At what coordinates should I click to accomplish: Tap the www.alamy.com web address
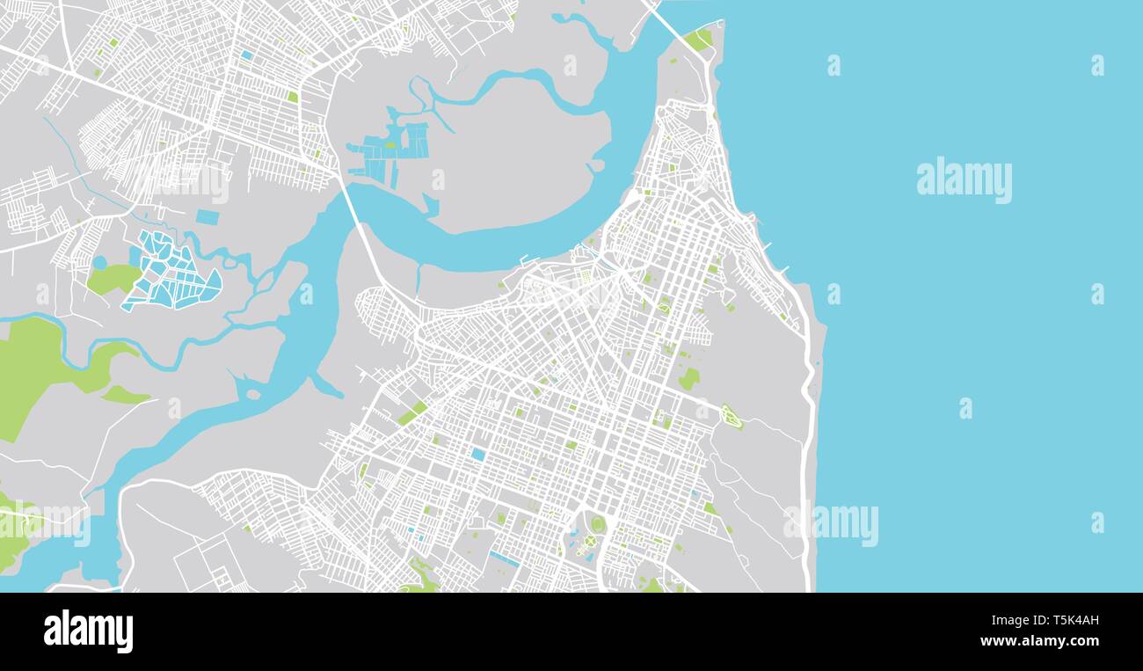1039,641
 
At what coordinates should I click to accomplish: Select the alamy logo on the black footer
88,631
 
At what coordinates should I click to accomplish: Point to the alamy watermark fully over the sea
964,180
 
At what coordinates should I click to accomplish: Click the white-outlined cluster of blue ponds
171,273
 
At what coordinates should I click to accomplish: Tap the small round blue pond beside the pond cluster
99,262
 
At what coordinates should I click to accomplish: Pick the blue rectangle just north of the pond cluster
207,216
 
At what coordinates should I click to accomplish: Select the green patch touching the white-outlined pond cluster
113,279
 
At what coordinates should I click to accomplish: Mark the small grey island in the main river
254,394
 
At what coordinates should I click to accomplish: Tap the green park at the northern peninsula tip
699,39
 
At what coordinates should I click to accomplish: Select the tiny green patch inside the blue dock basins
389,145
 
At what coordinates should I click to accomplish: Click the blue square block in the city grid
477,454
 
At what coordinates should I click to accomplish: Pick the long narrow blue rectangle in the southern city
504,558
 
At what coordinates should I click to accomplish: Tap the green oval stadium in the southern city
598,524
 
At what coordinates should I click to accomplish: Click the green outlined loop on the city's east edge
731,417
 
